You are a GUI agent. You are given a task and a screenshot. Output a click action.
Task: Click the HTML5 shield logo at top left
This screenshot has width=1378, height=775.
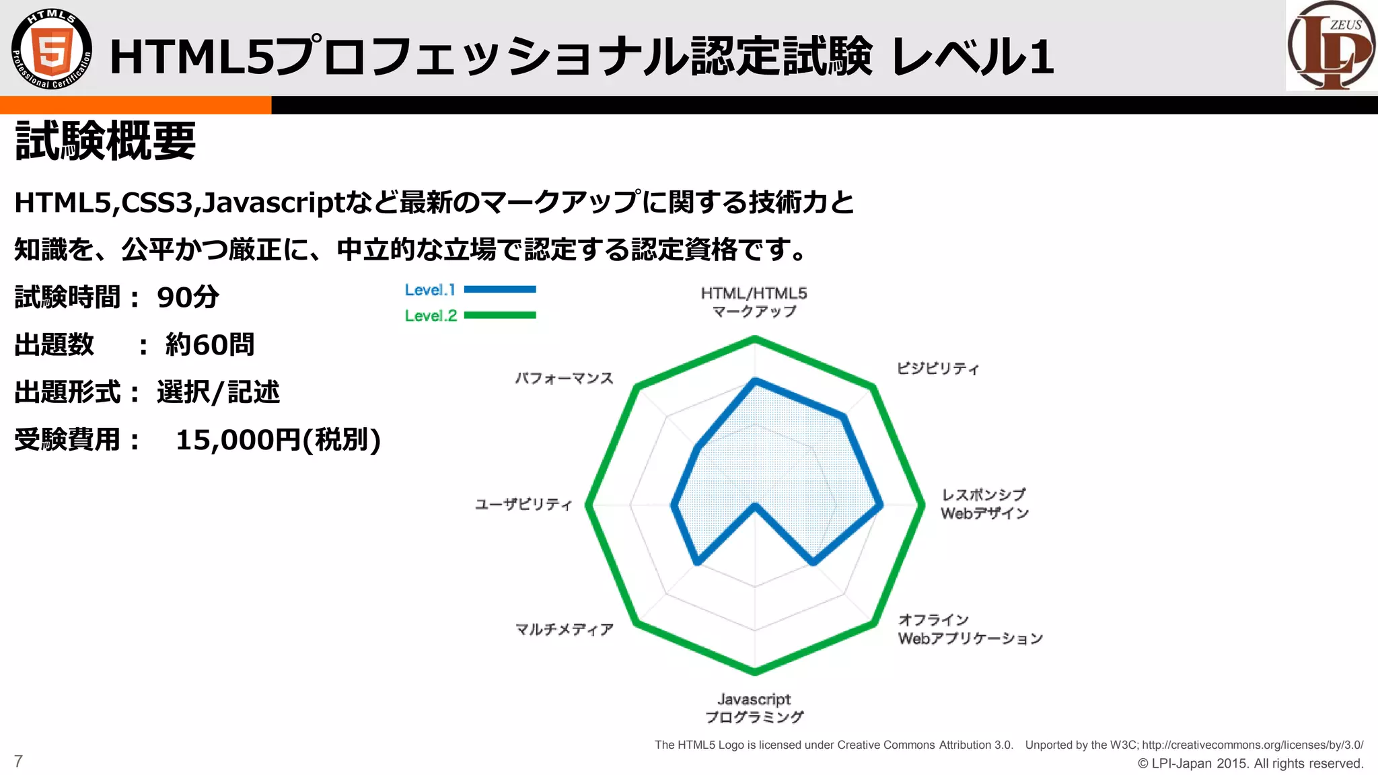(52, 49)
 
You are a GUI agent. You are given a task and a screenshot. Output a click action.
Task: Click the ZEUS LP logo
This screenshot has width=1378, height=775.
(1330, 46)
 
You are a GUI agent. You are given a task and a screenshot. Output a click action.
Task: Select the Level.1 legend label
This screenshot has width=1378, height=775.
(430, 290)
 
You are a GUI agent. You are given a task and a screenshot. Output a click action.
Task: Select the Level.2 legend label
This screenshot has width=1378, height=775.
(431, 316)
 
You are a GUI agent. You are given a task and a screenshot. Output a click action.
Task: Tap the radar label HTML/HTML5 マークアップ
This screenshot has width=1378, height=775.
(754, 302)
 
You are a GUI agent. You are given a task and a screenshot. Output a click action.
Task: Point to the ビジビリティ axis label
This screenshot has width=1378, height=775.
(937, 368)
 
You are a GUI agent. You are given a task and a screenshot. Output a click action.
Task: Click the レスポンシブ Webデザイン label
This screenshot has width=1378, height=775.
(984, 504)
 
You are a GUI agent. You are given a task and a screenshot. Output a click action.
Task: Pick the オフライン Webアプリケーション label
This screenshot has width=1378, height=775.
(970, 629)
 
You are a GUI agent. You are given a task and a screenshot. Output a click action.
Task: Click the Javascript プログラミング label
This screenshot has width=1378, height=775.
(754, 708)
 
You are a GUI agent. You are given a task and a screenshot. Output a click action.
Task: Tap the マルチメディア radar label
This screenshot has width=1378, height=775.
(565, 629)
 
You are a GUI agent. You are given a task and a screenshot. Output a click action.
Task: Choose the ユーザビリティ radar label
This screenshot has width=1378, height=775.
(523, 504)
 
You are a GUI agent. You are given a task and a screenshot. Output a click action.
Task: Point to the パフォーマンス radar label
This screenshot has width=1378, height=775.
(565, 378)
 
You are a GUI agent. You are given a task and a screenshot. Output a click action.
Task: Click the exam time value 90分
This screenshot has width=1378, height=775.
(188, 297)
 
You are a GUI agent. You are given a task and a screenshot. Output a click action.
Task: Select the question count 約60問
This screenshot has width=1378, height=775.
(210, 345)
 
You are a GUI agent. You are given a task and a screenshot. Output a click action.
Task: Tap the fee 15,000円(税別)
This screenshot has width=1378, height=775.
(278, 440)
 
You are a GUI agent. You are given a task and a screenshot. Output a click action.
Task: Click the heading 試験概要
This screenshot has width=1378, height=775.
(106, 141)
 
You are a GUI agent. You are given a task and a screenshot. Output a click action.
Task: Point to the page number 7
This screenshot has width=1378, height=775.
(18, 761)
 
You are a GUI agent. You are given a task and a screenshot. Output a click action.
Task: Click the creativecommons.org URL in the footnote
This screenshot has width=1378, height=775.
(1252, 745)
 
